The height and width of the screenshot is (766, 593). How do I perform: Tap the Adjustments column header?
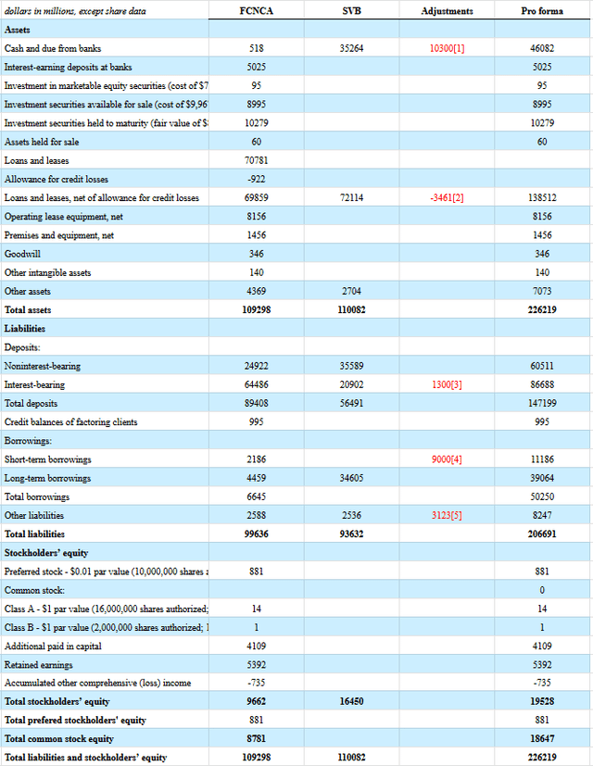447,10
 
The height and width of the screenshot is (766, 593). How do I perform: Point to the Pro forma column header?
542,10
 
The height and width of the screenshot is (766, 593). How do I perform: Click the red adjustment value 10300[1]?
447,47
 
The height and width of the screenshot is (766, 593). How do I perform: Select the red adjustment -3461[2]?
447,197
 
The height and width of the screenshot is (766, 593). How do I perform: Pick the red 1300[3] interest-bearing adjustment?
447,384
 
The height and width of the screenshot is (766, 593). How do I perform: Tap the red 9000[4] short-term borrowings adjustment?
447,459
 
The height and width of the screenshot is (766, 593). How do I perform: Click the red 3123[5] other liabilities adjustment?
447,515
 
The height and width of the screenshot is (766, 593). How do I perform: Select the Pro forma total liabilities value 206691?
542,534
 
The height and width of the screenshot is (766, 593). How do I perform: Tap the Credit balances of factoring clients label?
70,421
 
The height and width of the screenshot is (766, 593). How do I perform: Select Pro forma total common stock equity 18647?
542,738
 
